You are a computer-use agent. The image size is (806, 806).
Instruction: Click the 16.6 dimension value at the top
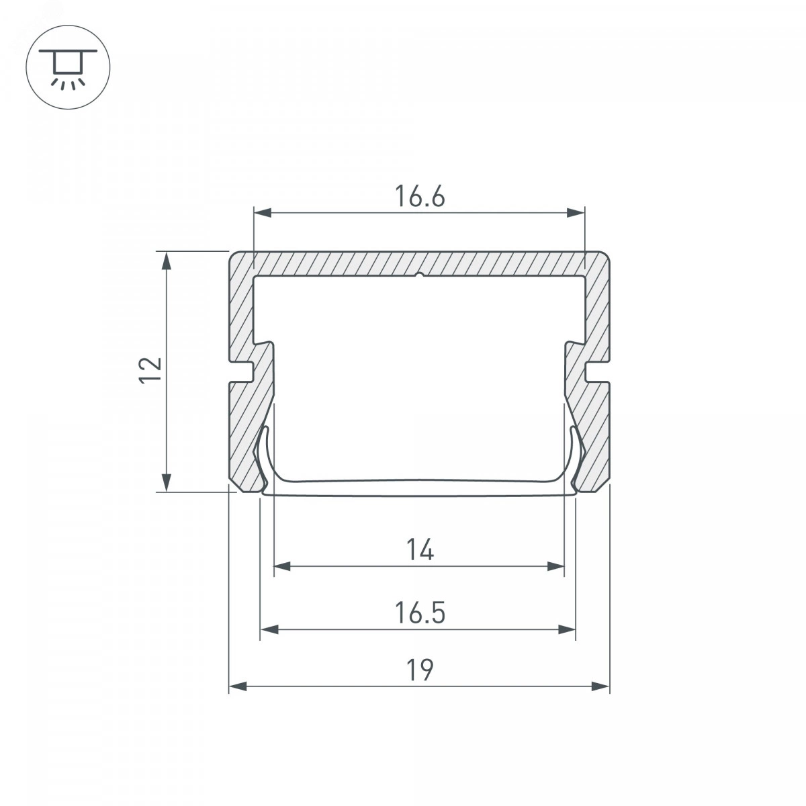[420, 196]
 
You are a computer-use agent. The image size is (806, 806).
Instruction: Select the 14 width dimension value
[420, 549]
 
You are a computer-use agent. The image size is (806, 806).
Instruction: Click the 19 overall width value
[420, 670]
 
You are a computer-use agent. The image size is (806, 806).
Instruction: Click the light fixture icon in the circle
[68, 67]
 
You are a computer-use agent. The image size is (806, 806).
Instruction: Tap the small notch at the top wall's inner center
[420, 275]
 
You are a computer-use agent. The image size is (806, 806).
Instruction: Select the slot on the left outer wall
[241, 372]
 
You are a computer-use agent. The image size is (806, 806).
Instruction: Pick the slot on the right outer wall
[597, 372]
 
